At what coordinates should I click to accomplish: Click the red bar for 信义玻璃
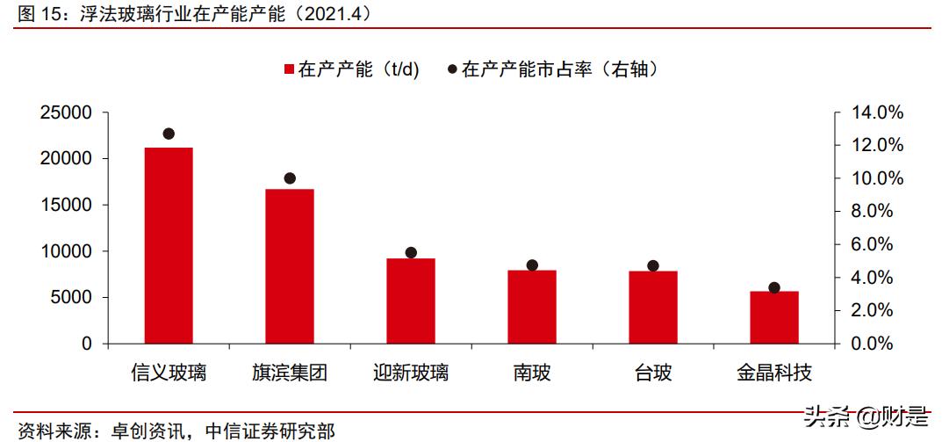[x=169, y=245]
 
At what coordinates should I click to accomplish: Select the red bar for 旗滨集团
[x=290, y=266]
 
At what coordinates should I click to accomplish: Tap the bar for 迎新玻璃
[x=411, y=301]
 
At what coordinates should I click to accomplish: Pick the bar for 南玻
[x=532, y=307]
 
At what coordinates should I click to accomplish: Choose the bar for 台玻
[x=653, y=307]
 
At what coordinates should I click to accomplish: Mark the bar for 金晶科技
[x=774, y=317]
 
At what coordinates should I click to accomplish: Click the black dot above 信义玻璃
[x=169, y=134]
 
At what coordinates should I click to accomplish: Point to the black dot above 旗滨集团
[x=290, y=178]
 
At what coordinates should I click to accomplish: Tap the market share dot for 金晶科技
[x=774, y=288]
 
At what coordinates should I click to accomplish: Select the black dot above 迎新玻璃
[x=411, y=252]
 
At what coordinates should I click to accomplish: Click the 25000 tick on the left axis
[x=68, y=112]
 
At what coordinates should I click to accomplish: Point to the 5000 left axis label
[x=73, y=297]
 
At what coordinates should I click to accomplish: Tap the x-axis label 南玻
[x=532, y=373]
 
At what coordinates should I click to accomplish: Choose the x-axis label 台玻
[x=653, y=373]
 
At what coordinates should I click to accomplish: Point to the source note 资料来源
[x=176, y=431]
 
